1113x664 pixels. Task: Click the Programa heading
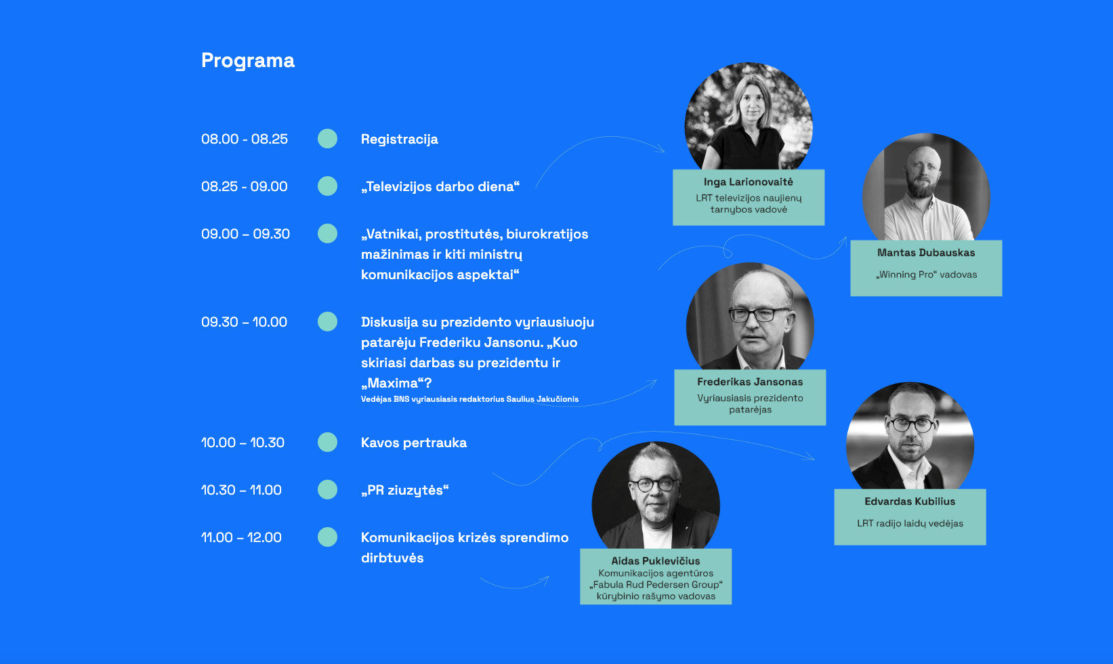click(247, 60)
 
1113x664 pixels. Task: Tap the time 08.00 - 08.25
click(245, 139)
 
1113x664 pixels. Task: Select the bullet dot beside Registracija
click(327, 139)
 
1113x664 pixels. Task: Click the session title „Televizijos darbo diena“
click(440, 186)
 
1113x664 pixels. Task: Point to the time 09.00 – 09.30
click(245, 234)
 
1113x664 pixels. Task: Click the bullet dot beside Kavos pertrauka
click(327, 442)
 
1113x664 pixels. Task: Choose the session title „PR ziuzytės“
click(405, 490)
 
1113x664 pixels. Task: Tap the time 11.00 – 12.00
click(241, 537)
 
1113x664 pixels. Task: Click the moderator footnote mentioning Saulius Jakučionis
click(469, 399)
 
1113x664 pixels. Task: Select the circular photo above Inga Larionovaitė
click(749, 117)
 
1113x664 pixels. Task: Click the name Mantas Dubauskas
click(926, 253)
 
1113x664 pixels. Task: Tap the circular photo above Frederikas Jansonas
click(750, 316)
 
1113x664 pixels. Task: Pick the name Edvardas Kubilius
click(910, 501)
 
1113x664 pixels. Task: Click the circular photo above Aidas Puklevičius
click(656, 495)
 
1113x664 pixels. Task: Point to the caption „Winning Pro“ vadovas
click(926, 274)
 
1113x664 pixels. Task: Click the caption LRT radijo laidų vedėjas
click(910, 523)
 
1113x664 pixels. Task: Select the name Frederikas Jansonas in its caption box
click(750, 381)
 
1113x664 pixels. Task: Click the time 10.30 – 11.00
click(241, 490)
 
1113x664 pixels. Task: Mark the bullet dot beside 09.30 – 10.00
click(327, 322)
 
